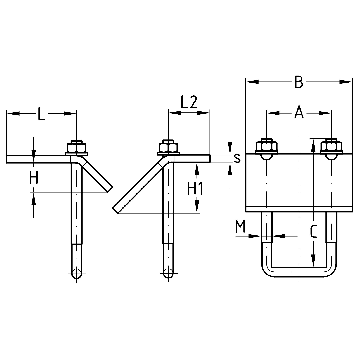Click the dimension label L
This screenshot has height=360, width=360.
click(x=41, y=114)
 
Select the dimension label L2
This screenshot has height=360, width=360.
click(x=188, y=102)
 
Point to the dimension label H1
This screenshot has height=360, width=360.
click(x=195, y=189)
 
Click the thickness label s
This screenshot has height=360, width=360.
click(x=237, y=158)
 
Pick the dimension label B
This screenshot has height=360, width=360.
click(x=299, y=82)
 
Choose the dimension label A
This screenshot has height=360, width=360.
click(x=299, y=113)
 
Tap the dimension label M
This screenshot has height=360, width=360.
click(x=240, y=227)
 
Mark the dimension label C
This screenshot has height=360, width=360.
click(x=313, y=231)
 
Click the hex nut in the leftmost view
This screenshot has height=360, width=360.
click(x=77, y=147)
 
